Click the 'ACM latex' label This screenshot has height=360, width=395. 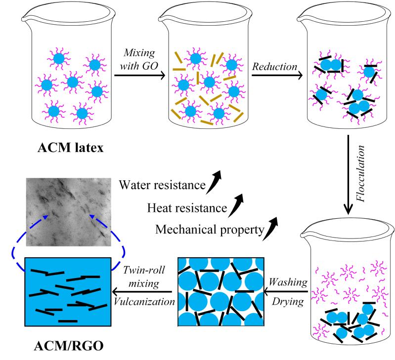pyautogui.click(x=72, y=148)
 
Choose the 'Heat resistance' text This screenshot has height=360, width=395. pyautogui.click(x=183, y=207)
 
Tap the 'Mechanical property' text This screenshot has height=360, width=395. pyautogui.click(x=207, y=229)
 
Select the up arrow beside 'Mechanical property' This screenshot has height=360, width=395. pyautogui.click(x=269, y=225)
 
